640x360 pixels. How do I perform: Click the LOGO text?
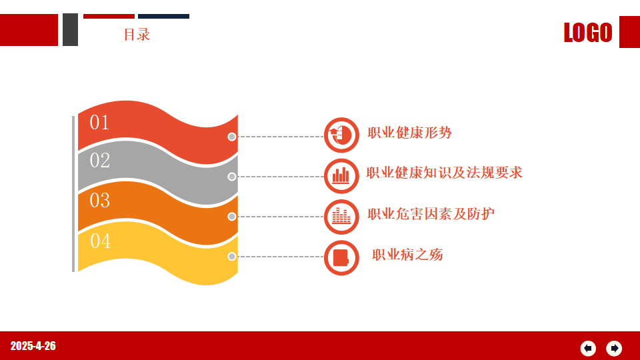click(x=588, y=32)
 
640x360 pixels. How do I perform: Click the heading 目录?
click(x=137, y=34)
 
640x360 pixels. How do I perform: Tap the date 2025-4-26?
click(x=33, y=346)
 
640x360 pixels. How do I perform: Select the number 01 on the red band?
click(x=99, y=123)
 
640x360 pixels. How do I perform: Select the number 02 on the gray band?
click(x=100, y=161)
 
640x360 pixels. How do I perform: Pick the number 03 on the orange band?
click(x=100, y=201)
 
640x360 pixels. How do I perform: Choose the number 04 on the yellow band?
click(x=101, y=241)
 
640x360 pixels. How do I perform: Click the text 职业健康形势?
click(x=409, y=133)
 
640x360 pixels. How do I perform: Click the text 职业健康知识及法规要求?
click(x=444, y=173)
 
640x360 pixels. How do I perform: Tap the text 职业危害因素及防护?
click(x=431, y=214)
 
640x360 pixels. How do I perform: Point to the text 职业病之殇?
click(x=407, y=255)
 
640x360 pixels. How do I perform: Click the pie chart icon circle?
click(x=341, y=135)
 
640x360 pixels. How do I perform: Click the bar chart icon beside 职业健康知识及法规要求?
click(x=341, y=176)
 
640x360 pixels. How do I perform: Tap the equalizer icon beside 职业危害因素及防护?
click(x=341, y=217)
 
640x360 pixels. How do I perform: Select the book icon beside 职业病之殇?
click(x=341, y=257)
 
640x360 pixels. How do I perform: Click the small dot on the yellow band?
click(x=232, y=256)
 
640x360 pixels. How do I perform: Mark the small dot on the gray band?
click(x=232, y=176)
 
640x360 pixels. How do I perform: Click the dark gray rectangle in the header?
click(x=70, y=29)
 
